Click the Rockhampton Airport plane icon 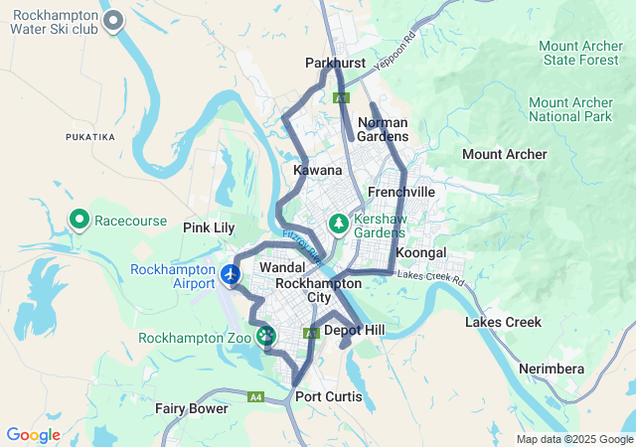[232, 273]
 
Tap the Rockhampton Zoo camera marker [266, 337]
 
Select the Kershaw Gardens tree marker [339, 223]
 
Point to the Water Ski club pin [114, 20]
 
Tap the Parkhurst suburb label [335, 63]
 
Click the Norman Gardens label [383, 129]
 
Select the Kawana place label [318, 171]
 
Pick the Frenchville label [401, 191]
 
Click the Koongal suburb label [421, 253]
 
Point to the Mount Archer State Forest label [579, 53]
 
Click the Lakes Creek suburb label [503, 322]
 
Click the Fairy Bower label [191, 408]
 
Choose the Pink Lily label [209, 227]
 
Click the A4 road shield [256, 397]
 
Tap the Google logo [34, 435]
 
